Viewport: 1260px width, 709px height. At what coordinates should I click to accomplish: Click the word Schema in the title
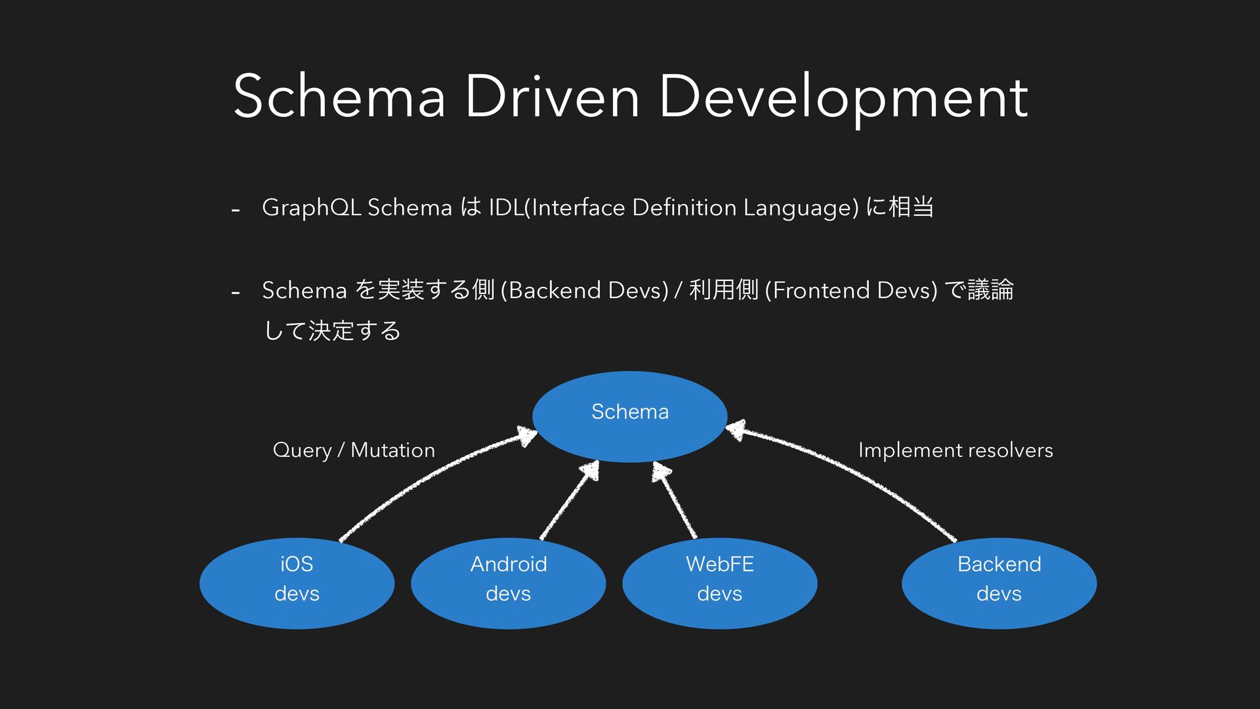(x=339, y=97)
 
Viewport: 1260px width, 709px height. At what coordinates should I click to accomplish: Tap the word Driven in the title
(x=552, y=97)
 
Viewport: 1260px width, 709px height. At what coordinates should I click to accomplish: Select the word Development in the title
(x=844, y=97)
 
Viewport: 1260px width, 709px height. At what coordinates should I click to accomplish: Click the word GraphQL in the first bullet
(x=312, y=207)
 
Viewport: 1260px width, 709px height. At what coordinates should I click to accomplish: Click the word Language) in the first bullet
(x=801, y=207)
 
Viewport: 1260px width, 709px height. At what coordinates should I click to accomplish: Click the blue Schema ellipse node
(x=629, y=416)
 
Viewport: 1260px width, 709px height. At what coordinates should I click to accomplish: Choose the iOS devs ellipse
(x=297, y=583)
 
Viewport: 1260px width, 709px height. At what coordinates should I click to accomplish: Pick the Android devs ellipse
(x=508, y=583)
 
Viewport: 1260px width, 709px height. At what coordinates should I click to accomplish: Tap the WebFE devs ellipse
(x=719, y=583)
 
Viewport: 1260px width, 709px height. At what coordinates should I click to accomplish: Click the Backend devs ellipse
(x=999, y=583)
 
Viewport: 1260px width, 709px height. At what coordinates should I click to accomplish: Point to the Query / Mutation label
(x=354, y=450)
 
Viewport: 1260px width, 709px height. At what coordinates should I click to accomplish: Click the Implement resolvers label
(x=955, y=450)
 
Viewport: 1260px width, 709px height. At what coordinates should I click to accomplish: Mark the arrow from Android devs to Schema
(x=568, y=501)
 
